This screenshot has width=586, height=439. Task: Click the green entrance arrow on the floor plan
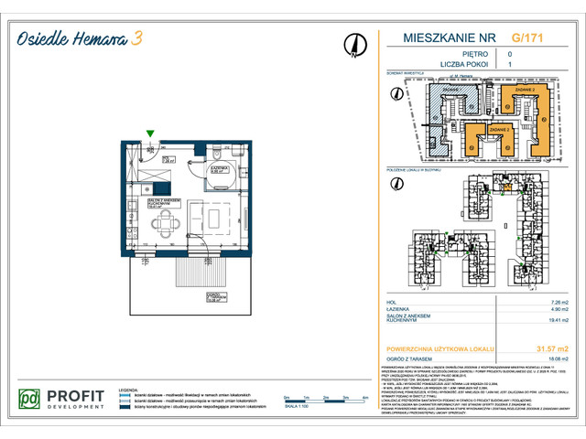pyautogui.click(x=150, y=134)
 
